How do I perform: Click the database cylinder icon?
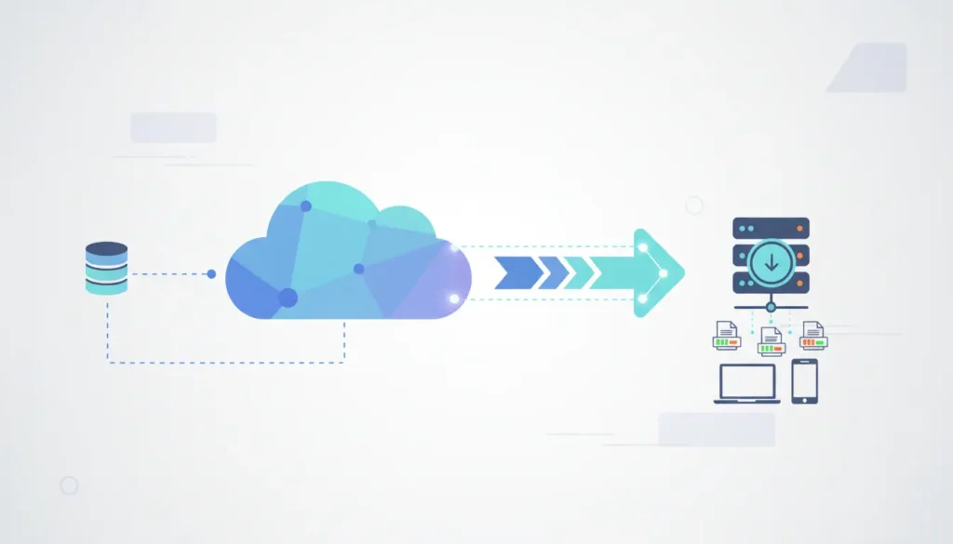[x=106, y=268]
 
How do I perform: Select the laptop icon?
[x=746, y=383]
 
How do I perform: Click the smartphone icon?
[x=804, y=381]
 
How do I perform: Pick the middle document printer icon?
[x=771, y=342]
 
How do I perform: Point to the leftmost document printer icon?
[x=726, y=335]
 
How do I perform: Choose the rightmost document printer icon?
[x=814, y=335]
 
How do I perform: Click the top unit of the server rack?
[x=771, y=229]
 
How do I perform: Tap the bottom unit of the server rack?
[x=771, y=284]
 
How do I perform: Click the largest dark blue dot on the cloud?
[x=288, y=298]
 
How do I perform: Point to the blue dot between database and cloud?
[x=211, y=274]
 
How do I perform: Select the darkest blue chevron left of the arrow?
[x=514, y=272]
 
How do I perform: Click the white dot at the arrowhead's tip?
[x=664, y=272]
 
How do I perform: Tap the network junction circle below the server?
[x=771, y=306]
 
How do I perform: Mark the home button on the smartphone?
[x=804, y=399]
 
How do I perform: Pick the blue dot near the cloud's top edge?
[x=305, y=206]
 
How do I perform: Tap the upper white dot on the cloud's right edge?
[x=454, y=247]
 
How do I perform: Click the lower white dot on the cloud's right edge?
[x=454, y=299]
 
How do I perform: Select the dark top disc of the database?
[x=106, y=249]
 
